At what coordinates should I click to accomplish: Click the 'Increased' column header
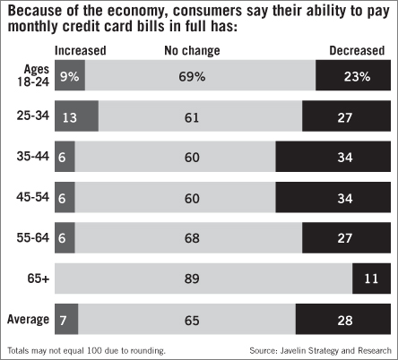click(x=80, y=51)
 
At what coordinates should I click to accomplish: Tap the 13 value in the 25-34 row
click(x=71, y=116)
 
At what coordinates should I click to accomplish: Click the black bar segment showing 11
click(x=371, y=279)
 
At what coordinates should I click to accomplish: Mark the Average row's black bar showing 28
click(x=343, y=319)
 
